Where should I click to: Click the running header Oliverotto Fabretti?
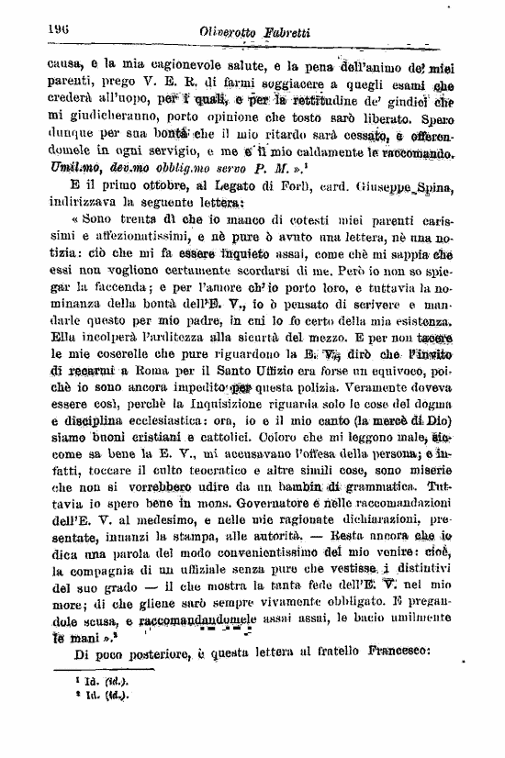254,34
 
